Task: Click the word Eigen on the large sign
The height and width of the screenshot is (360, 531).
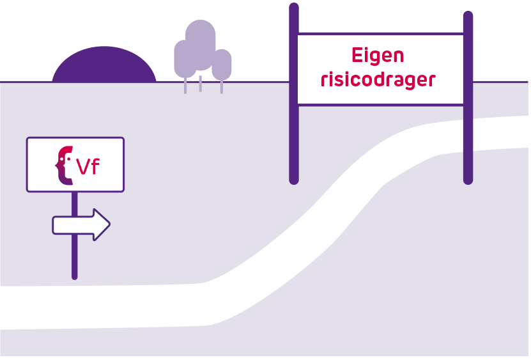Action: pyautogui.click(x=378, y=56)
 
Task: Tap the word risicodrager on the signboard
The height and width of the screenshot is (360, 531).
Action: pyautogui.click(x=378, y=81)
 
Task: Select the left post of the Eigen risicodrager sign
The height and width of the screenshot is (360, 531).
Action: pyautogui.click(x=294, y=128)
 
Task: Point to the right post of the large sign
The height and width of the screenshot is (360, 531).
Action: pyautogui.click(x=468, y=141)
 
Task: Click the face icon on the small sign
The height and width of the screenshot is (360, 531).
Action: pyautogui.click(x=64, y=165)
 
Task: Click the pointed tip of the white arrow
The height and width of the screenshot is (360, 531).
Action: pyautogui.click(x=109, y=224)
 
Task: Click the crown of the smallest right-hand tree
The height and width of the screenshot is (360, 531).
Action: pyautogui.click(x=222, y=65)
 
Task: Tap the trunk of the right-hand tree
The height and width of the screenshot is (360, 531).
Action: pyautogui.click(x=222, y=87)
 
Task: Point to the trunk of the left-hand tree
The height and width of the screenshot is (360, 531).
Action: pyautogui.click(x=185, y=87)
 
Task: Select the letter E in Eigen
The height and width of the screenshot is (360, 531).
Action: pyautogui.click(x=357, y=55)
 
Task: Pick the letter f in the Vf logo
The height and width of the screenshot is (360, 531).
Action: pyautogui.click(x=96, y=166)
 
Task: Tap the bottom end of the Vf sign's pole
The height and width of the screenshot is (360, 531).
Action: pyautogui.click(x=74, y=276)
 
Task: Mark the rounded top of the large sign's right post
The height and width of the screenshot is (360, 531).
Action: pyautogui.click(x=468, y=14)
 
